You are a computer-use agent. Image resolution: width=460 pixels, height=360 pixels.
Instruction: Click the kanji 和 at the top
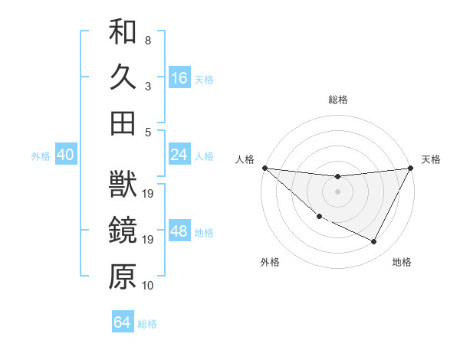123,33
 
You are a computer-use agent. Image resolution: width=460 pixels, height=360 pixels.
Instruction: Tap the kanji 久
123,77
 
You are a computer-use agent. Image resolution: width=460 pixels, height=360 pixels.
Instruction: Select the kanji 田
123,123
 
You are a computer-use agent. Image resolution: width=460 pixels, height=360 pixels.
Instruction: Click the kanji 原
123,277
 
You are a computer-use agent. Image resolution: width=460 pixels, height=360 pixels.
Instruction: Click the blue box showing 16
179,77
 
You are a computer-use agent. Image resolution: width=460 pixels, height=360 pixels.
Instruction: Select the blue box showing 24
179,155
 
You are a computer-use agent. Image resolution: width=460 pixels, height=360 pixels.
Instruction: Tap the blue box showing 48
179,231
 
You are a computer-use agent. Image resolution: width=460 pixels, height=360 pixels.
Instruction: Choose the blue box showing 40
65,155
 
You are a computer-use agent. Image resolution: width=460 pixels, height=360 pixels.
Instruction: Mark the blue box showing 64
123,322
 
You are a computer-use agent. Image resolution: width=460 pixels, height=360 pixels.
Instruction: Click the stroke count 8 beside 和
148,40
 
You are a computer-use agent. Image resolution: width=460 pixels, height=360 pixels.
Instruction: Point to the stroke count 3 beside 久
148,86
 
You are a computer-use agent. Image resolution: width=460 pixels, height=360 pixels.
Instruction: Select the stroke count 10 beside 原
149,286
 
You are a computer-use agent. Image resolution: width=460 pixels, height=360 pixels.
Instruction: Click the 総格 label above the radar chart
338,100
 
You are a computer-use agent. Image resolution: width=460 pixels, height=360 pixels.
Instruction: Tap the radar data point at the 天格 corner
411,168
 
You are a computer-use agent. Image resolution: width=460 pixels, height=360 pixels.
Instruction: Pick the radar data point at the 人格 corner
264,168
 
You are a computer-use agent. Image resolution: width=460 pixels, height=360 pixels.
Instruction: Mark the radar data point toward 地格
374,242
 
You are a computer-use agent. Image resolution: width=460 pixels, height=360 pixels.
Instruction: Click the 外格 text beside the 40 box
41,156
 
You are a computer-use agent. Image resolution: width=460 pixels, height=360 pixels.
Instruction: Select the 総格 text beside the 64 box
147,324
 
